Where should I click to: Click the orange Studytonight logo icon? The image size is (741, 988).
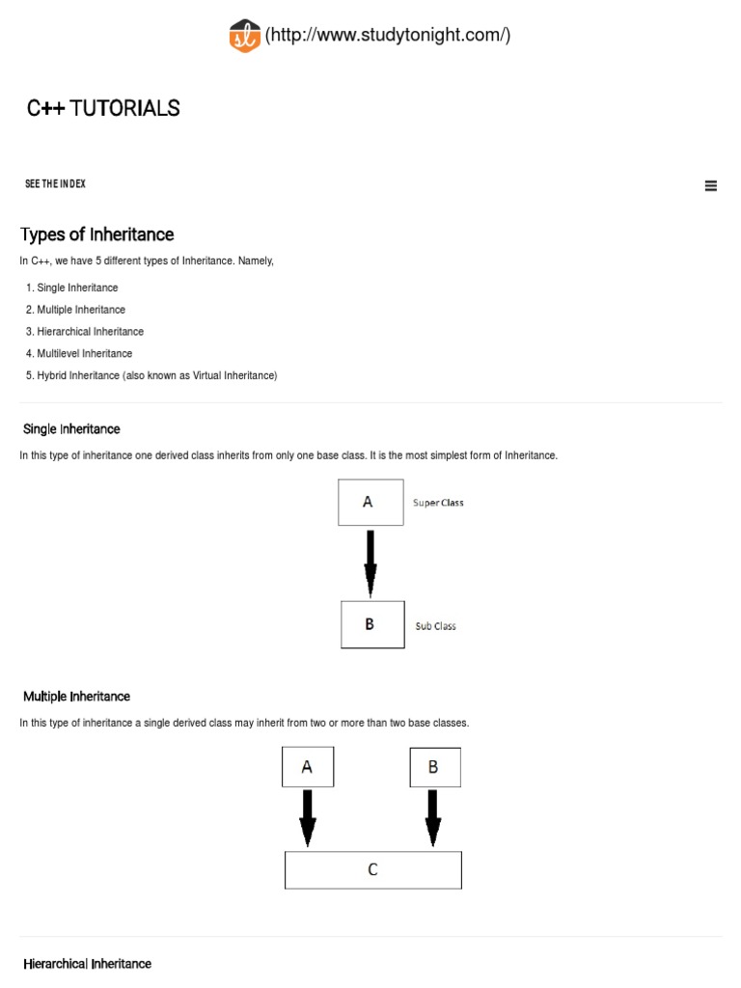coord(245,36)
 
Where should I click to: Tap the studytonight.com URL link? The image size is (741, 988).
coord(388,36)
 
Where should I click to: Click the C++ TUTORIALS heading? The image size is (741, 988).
coord(103,108)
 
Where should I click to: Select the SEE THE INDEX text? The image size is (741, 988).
coord(55,183)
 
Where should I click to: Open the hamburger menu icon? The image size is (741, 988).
coord(711,186)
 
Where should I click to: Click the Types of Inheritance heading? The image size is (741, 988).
coord(97,234)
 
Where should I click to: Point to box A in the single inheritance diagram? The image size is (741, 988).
coord(370,503)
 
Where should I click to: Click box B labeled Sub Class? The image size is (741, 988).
coord(372,624)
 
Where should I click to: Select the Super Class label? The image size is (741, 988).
coord(438,503)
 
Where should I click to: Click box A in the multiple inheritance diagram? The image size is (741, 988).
coord(307,767)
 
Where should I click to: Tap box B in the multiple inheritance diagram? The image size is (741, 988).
coord(433,767)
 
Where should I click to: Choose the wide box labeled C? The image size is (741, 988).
coord(373,869)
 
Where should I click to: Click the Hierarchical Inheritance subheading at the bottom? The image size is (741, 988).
coord(88,964)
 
